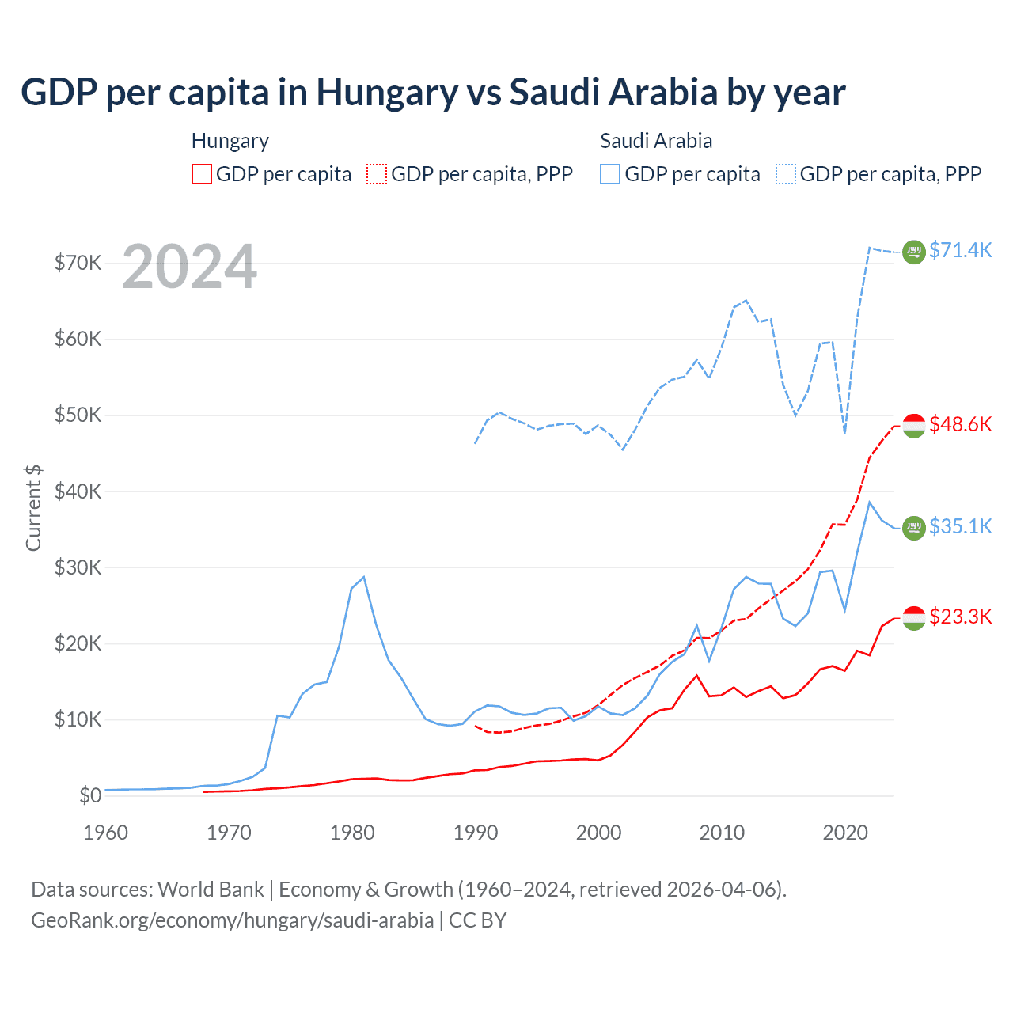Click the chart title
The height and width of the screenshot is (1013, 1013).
[433, 93]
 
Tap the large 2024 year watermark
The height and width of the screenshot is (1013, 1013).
[190, 267]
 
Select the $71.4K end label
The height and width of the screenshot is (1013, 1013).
[960, 250]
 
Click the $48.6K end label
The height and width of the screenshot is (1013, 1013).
[960, 424]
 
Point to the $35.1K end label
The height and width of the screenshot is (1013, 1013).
[960, 526]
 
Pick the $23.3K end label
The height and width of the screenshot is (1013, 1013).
[960, 617]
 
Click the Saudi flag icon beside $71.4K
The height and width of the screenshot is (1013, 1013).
[914, 252]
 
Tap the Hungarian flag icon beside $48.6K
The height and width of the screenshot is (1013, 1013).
[914, 425]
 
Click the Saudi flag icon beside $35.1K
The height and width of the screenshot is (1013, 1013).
[914, 527]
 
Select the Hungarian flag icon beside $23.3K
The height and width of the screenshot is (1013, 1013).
[914, 618]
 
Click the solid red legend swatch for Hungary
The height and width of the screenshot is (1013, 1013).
[202, 174]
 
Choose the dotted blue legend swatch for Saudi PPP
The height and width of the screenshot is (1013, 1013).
[786, 174]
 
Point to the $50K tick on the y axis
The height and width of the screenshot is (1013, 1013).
[78, 415]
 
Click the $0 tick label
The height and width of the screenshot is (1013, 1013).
[90, 795]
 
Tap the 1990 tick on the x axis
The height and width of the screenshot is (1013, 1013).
[476, 833]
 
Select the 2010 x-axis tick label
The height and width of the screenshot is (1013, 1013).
[722, 833]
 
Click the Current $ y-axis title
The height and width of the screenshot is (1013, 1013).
[33, 507]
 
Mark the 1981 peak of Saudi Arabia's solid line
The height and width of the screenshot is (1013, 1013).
[363, 577]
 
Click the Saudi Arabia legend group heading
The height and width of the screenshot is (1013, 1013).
[656, 141]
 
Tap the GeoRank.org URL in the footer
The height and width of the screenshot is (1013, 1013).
[232, 920]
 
